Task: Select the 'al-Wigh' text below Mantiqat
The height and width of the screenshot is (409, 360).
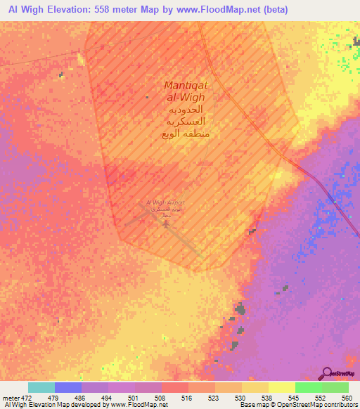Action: (x=184, y=99)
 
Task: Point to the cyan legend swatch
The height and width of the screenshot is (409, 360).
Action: (x=41, y=387)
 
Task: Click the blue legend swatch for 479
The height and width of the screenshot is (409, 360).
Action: (x=68, y=387)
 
